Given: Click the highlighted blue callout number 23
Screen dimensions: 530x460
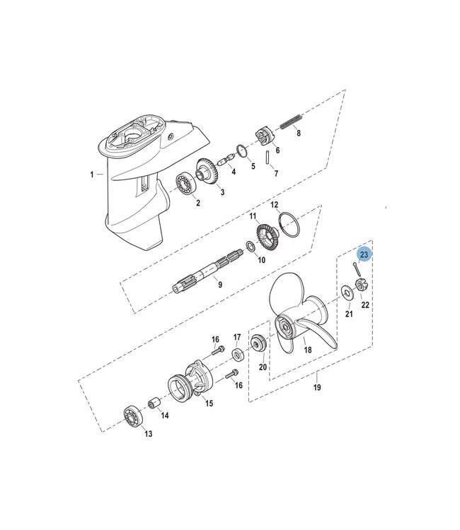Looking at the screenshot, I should point(364,254).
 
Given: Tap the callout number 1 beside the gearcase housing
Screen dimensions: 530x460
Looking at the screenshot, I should point(91,173).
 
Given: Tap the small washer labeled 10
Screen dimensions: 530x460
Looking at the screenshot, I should point(249,247).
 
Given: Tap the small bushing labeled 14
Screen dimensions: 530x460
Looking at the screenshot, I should point(152,405).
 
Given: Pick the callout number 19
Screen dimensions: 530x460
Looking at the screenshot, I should point(316,388).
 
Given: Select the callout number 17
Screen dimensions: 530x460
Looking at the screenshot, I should point(238,337).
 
